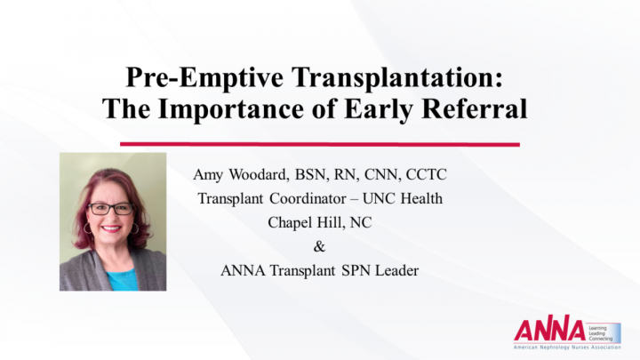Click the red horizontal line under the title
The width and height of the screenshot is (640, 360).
[x=319, y=143]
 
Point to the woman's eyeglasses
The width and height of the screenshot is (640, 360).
[x=111, y=208]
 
